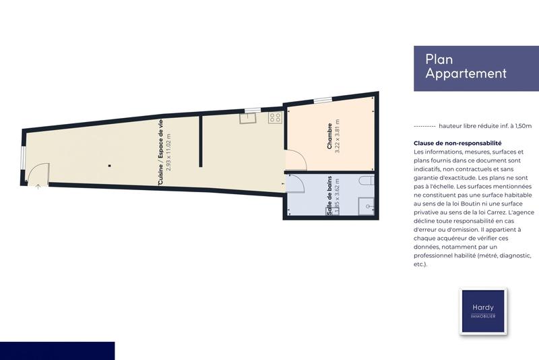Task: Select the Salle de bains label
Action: (x=329, y=196)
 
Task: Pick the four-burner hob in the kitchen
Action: (x=276, y=119)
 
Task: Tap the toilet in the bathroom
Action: (x=365, y=181)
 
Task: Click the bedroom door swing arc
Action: (x=296, y=160)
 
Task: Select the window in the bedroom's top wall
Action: (x=323, y=100)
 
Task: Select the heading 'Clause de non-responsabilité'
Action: (x=457, y=143)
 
